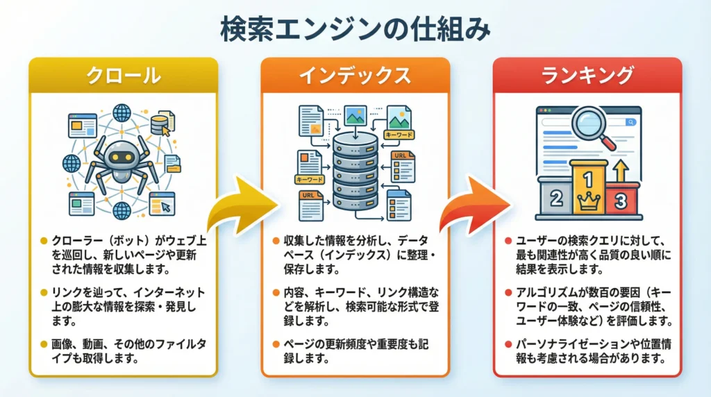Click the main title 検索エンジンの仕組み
point(355,29)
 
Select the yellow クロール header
point(123,76)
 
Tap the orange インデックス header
point(355,76)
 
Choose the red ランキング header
point(587,76)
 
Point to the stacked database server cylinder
point(355,171)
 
